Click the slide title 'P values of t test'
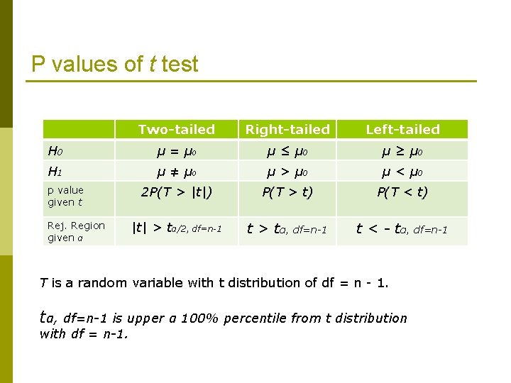tap(115, 65)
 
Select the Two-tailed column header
tap(176, 129)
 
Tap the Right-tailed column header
tap(287, 129)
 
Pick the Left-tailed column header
tap(402, 129)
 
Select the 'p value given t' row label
tap(65, 196)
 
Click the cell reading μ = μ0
tap(176, 150)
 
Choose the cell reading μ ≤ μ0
tap(287, 150)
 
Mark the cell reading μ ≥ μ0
tap(402, 150)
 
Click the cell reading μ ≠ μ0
tap(176, 171)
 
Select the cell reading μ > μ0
tap(287, 171)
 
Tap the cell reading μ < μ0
tap(402, 171)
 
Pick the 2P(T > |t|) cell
tap(176, 191)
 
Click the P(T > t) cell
tap(287, 191)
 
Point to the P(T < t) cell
tap(402, 191)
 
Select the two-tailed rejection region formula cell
tap(177, 228)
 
